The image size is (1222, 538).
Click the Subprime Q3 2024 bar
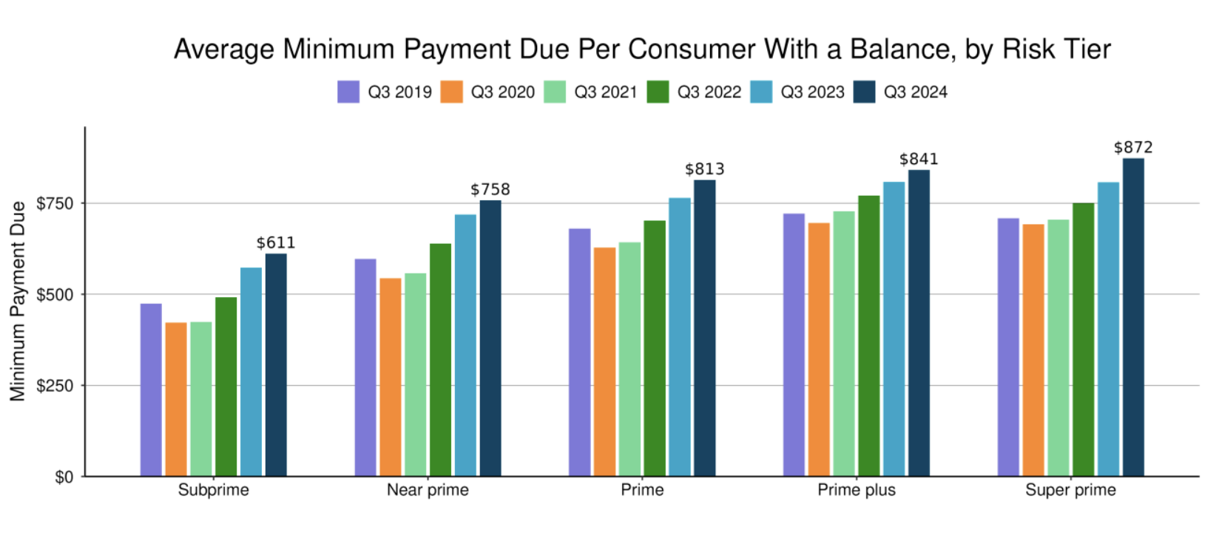click(x=276, y=365)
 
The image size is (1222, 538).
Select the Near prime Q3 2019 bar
click(x=365, y=367)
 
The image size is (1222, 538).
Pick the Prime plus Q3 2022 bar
click(x=868, y=336)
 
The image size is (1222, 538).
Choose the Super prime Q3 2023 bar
click(x=1108, y=330)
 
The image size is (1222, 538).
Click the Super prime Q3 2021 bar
click(x=1058, y=348)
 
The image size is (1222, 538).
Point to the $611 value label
click(x=276, y=243)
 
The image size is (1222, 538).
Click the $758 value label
click(x=490, y=190)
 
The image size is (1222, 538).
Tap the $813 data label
click(x=705, y=169)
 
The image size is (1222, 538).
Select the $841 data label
click(x=919, y=160)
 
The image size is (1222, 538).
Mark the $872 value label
click(x=1133, y=148)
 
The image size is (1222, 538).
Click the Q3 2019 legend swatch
click(x=348, y=92)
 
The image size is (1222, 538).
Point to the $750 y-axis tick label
click(x=55, y=203)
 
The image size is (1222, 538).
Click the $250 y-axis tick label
click(x=55, y=386)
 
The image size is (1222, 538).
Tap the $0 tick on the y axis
click(x=64, y=477)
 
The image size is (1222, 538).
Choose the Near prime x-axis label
click(x=428, y=490)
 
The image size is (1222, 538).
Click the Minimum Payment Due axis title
click(x=18, y=302)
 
